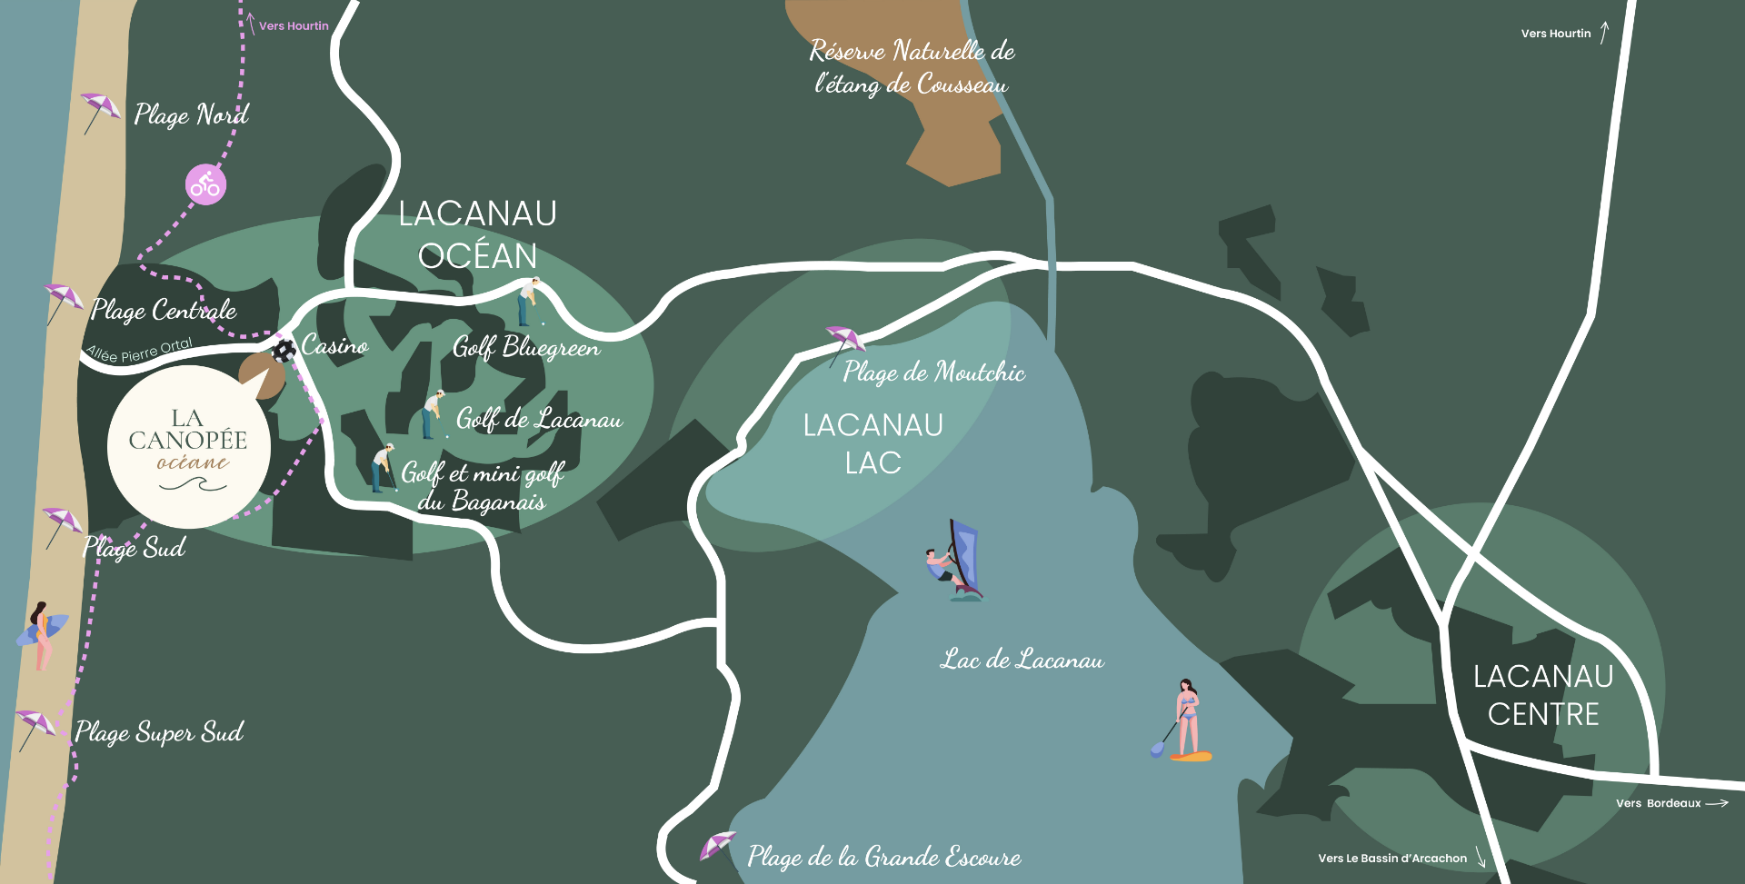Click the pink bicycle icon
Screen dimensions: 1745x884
point(206,184)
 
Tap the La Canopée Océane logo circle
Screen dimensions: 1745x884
point(188,447)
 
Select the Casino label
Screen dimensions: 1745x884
point(334,346)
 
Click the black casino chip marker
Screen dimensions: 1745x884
point(284,351)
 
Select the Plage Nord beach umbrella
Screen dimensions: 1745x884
point(99,111)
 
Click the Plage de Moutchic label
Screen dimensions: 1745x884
point(933,372)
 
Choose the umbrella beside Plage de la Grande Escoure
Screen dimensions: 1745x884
point(717,846)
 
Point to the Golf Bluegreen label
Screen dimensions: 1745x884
point(526,347)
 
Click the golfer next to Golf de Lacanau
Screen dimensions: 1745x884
point(433,413)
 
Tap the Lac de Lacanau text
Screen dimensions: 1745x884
point(1022,660)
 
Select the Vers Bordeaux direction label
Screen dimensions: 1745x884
point(1658,803)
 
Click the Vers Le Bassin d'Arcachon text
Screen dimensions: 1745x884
point(1391,859)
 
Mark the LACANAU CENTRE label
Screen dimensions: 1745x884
point(1543,695)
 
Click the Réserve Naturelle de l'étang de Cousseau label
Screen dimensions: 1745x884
point(912,67)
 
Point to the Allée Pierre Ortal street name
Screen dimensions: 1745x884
point(139,350)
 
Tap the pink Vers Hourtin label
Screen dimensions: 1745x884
point(294,26)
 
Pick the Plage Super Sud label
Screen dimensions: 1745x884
point(159,732)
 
